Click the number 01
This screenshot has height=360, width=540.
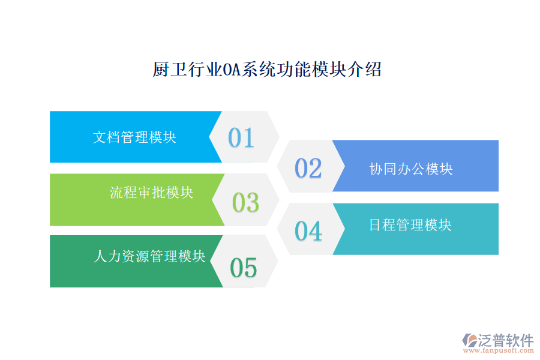click(241, 138)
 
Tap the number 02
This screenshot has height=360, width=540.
click(308, 169)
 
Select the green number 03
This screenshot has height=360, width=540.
click(245, 203)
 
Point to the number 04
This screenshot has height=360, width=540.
click(308, 231)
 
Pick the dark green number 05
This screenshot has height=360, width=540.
click(244, 268)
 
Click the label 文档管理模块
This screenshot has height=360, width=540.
click(134, 137)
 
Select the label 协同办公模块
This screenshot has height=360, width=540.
click(411, 169)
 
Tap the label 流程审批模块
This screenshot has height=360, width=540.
click(151, 192)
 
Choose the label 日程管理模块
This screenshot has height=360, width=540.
click(410, 225)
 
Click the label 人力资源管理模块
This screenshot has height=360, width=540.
click(149, 256)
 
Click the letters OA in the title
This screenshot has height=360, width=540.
click(231, 70)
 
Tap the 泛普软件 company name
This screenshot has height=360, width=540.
click(506, 340)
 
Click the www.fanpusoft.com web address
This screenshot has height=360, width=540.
click(502, 351)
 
